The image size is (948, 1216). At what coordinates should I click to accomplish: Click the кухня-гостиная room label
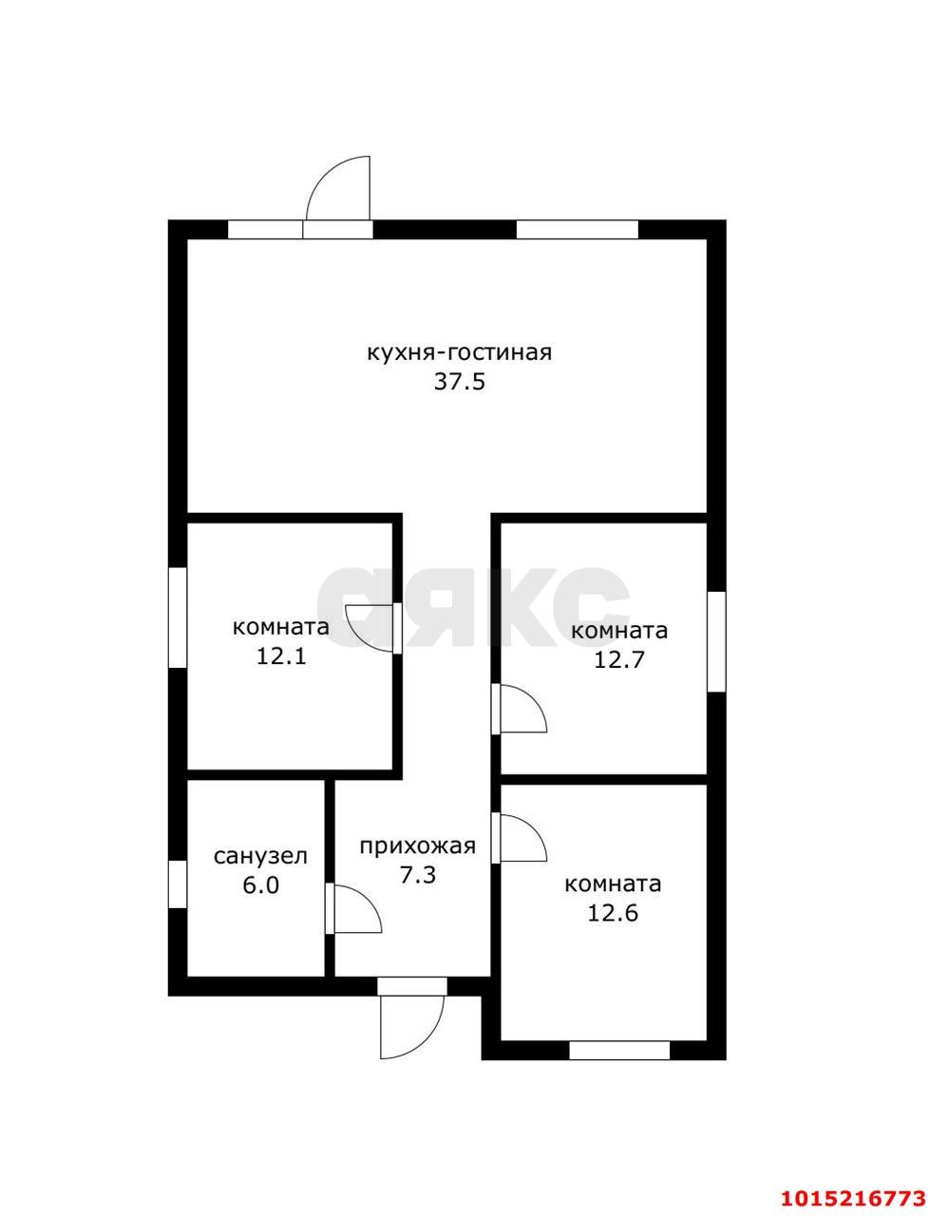click(459, 354)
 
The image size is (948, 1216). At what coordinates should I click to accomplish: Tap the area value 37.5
click(459, 383)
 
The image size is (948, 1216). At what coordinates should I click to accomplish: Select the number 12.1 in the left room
click(281, 655)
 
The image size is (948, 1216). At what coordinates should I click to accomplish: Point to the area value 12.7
click(619, 660)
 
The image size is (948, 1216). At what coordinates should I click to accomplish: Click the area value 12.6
click(613, 913)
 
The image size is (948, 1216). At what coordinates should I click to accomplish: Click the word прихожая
click(417, 847)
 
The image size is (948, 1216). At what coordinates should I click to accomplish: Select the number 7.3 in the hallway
click(417, 875)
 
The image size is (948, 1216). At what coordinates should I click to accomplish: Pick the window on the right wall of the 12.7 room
click(716, 641)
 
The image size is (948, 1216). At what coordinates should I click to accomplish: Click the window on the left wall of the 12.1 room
click(178, 617)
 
